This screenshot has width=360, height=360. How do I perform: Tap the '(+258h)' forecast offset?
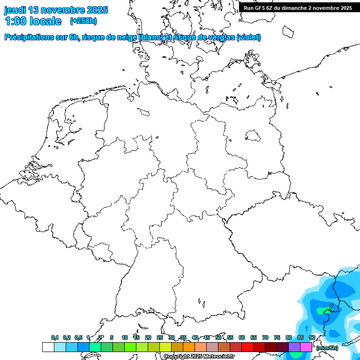pos(83,21)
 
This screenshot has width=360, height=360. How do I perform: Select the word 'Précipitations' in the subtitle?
pos(29,37)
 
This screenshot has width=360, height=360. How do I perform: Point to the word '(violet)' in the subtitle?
pos(249,37)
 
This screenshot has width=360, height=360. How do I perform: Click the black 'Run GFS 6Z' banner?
pos(298,7)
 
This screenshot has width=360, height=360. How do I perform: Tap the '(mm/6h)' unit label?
pos(327,348)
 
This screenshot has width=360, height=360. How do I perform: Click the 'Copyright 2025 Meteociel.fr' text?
pos(199,357)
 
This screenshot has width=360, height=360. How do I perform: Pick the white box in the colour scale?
pos(48,347)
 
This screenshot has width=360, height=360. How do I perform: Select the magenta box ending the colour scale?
pos(306,347)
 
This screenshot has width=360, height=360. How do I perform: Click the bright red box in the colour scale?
pos(247,347)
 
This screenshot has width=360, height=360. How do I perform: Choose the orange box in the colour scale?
pos(189,347)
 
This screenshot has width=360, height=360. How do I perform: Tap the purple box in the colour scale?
pos(294,347)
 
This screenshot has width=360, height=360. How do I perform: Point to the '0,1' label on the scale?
pos(55,338)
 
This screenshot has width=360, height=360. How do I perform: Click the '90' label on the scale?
pos(312,338)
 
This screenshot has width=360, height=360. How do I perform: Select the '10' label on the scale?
pos(125,338)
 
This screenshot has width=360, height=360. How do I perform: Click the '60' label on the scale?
pos(242,338)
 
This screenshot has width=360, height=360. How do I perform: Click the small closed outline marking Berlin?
pos(254,136)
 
